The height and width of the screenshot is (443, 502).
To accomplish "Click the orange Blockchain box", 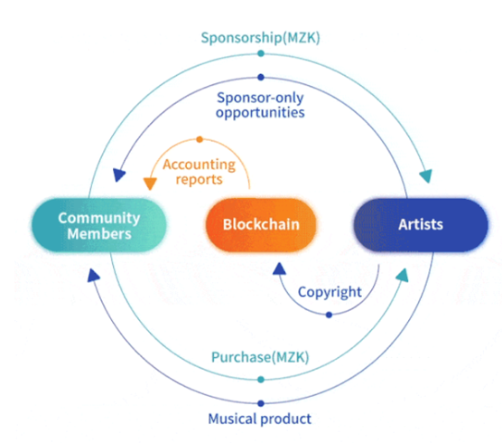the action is coord(261,225).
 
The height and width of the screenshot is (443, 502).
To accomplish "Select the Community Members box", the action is coord(99,225).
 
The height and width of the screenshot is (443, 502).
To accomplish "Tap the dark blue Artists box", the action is coord(421,225).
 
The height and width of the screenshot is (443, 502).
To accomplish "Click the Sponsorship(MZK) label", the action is coord(260,38).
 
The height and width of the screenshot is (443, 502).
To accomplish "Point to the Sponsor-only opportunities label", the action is coord(260,105).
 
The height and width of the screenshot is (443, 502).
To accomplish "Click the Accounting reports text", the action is coord(200,172).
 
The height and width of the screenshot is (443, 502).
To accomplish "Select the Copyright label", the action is coord(330,292).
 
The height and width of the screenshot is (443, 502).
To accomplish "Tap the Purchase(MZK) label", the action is coord(260,357).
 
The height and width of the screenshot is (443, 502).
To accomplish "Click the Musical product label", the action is coord(260,419).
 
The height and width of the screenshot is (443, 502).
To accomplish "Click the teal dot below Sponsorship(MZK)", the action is coord(261,53).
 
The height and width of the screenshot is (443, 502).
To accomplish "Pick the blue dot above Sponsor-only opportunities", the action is coord(261,77).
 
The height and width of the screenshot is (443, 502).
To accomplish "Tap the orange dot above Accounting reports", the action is coord(200,139).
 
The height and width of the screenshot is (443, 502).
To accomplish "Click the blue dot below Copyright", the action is coord(329,316).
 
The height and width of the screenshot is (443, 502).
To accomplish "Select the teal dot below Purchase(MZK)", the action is coord(261,380).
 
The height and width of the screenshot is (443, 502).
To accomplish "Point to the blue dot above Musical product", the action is coord(261,403).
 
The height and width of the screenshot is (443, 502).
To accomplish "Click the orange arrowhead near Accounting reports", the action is coord(150,184).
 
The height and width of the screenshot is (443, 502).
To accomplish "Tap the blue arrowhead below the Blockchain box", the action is coord(279,269).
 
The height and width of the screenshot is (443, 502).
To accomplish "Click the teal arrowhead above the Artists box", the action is coord(426,175).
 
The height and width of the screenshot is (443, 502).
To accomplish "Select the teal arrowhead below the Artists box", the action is coord(403,275).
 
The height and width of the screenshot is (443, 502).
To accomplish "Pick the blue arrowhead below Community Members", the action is coord(93,275).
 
